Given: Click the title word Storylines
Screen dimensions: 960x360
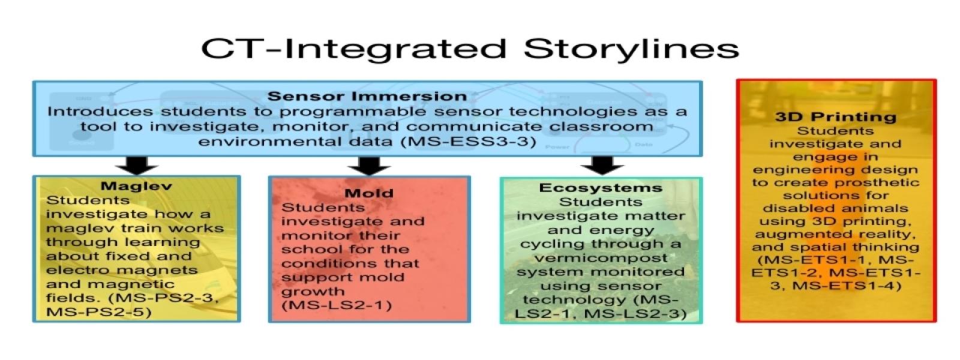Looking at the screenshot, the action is pos(631,49).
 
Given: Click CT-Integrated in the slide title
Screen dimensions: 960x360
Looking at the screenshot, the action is pos(355,49).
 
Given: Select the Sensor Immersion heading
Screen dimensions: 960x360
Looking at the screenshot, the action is pos(367,96).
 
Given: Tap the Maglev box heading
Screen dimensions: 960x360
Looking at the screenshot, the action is pos(136,186).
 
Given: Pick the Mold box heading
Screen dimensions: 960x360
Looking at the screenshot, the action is pos(369,193).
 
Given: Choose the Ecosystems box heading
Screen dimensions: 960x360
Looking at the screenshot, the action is pos(601,188).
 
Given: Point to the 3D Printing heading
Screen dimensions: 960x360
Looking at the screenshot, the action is pos(836,117).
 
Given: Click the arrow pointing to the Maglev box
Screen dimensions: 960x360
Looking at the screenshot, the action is pos(137,166).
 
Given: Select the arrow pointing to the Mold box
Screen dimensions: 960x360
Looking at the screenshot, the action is pos(369,166).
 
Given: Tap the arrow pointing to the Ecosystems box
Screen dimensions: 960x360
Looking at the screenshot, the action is pos(602,166).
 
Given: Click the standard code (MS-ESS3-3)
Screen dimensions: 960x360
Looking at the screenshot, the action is pos(469,142).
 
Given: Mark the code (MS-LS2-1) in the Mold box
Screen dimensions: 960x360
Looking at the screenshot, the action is pos(337,305).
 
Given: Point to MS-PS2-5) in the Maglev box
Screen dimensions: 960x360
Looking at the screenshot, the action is pos(99,312).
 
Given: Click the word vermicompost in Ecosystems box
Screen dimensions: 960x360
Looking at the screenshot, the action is pos(601,259).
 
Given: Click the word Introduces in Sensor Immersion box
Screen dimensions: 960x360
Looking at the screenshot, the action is pos(100,112).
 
